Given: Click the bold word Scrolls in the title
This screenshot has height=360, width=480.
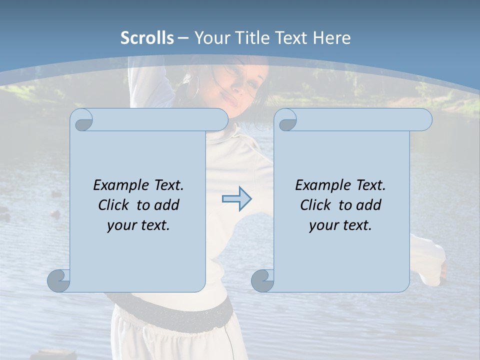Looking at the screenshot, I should coord(147,38).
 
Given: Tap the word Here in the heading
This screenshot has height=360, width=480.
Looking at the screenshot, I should coord(331,38).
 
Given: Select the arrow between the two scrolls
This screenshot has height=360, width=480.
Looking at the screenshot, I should coord(236,199).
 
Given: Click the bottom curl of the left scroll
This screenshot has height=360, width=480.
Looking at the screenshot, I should coord(58,280).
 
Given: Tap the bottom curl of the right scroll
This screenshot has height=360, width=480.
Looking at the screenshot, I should coord(262,280).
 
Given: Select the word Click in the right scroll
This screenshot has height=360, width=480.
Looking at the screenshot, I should coord(315,205).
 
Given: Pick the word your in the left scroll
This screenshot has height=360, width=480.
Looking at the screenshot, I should coord(121,225).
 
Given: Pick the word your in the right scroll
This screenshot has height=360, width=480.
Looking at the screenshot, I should coord(323,225).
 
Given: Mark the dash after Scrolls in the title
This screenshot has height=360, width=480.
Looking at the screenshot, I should coord(183,38).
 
